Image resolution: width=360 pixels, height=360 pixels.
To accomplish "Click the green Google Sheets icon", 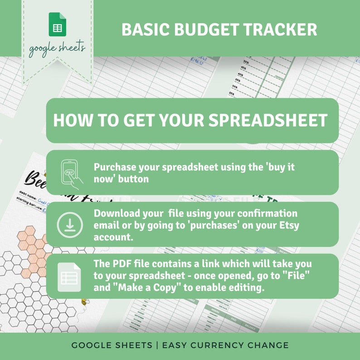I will coord(58,24).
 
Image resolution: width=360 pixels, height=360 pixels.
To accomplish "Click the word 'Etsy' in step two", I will coord(289,225).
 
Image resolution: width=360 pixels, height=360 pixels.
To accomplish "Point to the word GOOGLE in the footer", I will coord(88,345).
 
